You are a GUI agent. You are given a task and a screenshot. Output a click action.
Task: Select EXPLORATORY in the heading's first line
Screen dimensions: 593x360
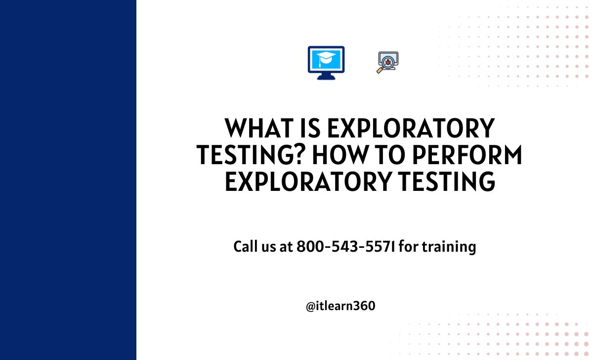[x=411, y=128]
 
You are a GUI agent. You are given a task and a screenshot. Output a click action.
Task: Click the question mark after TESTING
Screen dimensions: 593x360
[x=298, y=155]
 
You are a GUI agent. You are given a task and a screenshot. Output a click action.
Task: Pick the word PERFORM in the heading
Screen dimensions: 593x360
[x=467, y=155]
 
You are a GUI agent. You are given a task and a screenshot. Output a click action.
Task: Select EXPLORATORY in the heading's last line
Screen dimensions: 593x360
[x=308, y=181]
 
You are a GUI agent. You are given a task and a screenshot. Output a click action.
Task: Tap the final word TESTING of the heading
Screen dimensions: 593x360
[x=447, y=181]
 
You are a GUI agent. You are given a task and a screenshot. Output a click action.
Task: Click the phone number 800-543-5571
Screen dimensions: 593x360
[x=346, y=246]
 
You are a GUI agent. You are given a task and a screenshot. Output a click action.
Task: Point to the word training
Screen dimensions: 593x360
[x=449, y=247]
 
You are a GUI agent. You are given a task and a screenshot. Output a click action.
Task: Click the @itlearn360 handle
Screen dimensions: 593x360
[x=340, y=306]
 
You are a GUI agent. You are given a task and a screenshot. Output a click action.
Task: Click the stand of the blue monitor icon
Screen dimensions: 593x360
[x=326, y=76]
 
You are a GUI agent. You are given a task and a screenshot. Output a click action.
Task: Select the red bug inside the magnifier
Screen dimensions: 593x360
[x=388, y=62]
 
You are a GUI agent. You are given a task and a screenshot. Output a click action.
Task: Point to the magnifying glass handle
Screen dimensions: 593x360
[x=380, y=70]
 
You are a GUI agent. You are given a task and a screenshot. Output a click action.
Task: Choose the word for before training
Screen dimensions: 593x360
[x=409, y=246]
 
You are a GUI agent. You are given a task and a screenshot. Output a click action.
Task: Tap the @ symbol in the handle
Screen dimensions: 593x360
[x=310, y=307]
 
